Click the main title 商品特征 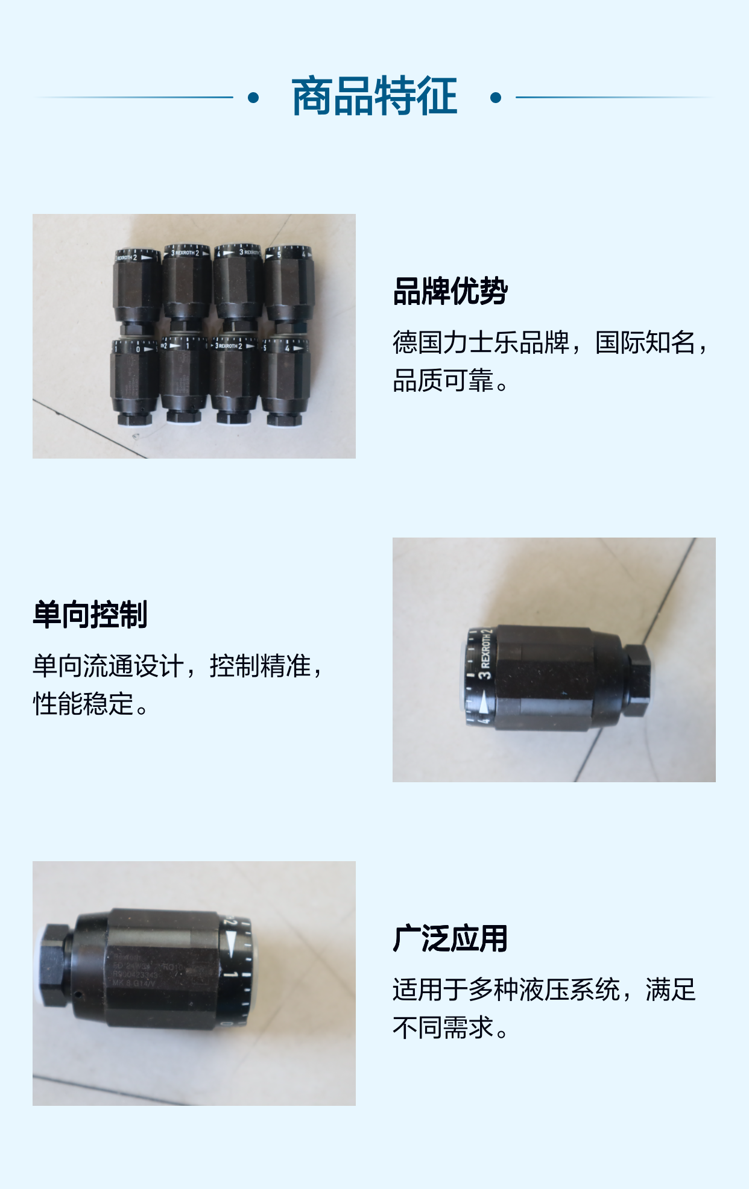click(374, 96)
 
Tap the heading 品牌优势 click(450, 292)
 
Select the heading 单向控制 click(90, 615)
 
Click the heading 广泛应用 click(450, 939)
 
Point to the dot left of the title click(253, 98)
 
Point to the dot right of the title click(496, 98)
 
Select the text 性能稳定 click(83, 704)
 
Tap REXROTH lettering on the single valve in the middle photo click(485, 651)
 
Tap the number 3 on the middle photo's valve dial click(485, 674)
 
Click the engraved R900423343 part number click(136, 974)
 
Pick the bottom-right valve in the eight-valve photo click(285, 383)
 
